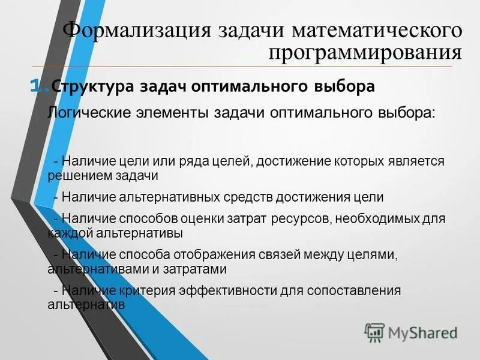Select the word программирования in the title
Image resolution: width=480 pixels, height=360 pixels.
pyautogui.click(x=365, y=54)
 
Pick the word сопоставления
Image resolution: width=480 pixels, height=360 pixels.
pyautogui.click(x=354, y=290)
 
